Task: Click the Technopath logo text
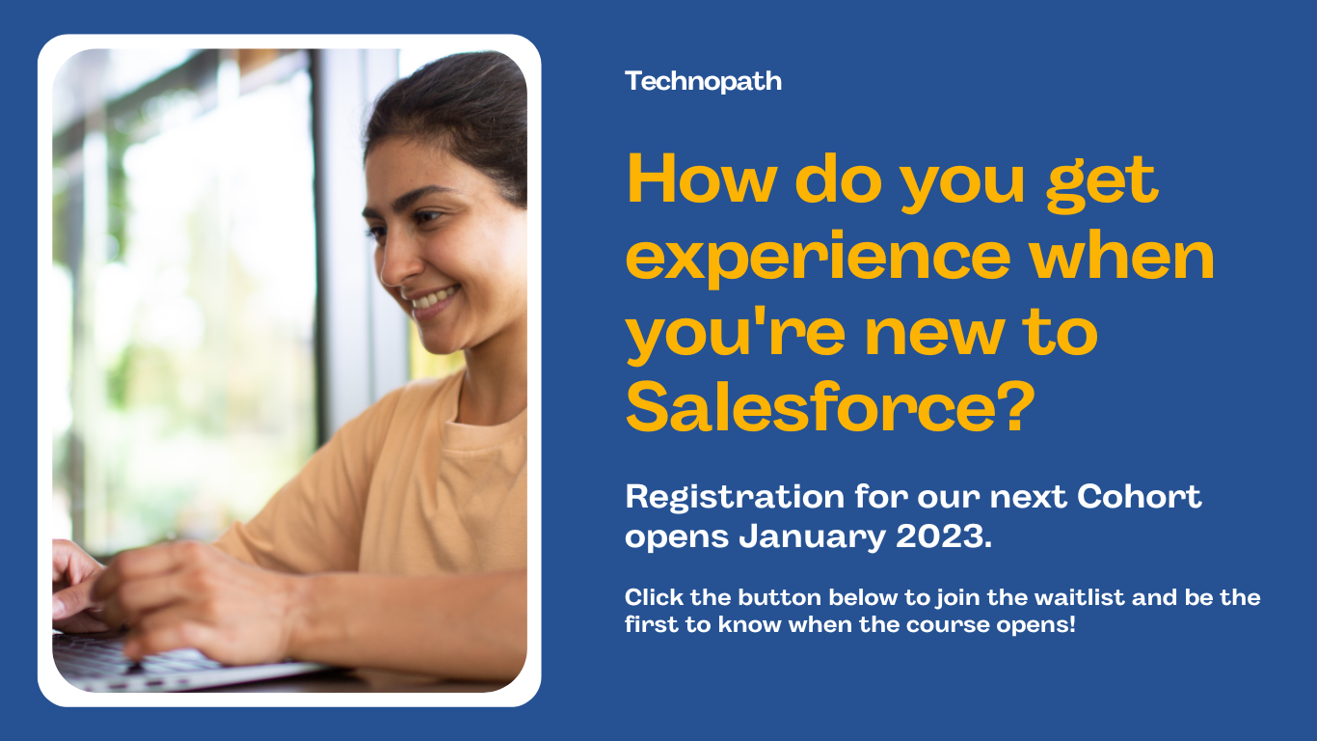pyautogui.click(x=703, y=82)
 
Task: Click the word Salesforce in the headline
pyautogui.click(x=812, y=407)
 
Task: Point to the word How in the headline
pyautogui.click(x=702, y=178)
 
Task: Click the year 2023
pyautogui.click(x=944, y=536)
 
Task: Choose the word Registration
pyautogui.click(x=735, y=497)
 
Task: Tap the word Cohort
pyautogui.click(x=1139, y=496)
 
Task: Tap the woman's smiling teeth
pyautogui.click(x=433, y=298)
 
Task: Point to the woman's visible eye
pyautogui.click(x=427, y=217)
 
